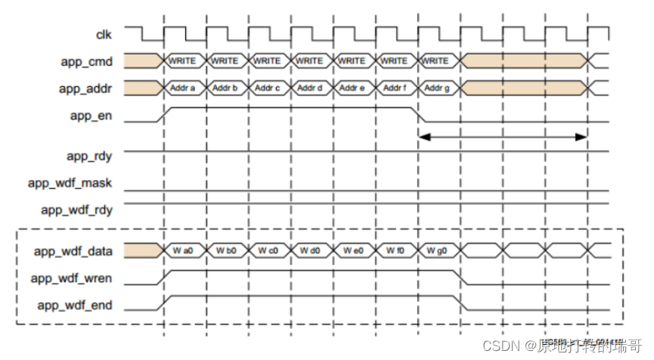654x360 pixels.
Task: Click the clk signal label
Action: click(x=103, y=33)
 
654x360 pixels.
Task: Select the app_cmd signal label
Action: click(x=87, y=61)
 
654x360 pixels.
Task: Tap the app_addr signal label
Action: click(x=85, y=89)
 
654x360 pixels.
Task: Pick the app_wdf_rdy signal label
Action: click(x=76, y=209)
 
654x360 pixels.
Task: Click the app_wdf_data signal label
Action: click(x=74, y=250)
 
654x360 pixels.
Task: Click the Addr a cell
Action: click(x=183, y=88)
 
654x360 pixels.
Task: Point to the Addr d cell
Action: click(x=310, y=88)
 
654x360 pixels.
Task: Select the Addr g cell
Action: click(x=437, y=88)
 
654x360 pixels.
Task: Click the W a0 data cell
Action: click(x=183, y=250)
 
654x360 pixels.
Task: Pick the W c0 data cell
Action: click(x=268, y=250)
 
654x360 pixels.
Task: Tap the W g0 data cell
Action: click(x=437, y=250)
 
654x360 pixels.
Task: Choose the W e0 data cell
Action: click(x=352, y=250)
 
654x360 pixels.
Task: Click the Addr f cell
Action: click(x=395, y=88)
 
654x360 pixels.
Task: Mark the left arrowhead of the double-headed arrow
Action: click(x=423, y=137)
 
